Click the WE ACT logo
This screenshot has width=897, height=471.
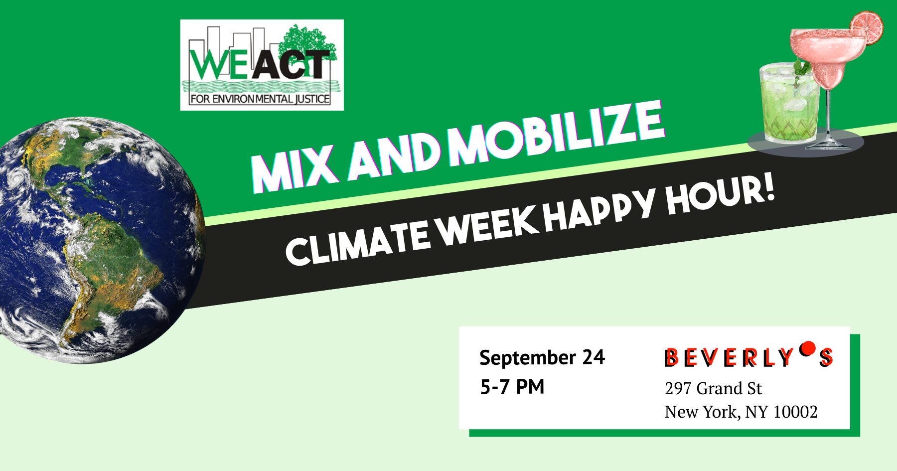(x=262, y=65)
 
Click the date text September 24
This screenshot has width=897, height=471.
(x=542, y=358)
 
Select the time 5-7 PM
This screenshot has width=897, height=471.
(x=512, y=387)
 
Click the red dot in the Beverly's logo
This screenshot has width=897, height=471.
(x=807, y=348)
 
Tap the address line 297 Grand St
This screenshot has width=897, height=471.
(x=713, y=388)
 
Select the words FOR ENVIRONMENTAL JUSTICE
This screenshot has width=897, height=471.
(x=260, y=99)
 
